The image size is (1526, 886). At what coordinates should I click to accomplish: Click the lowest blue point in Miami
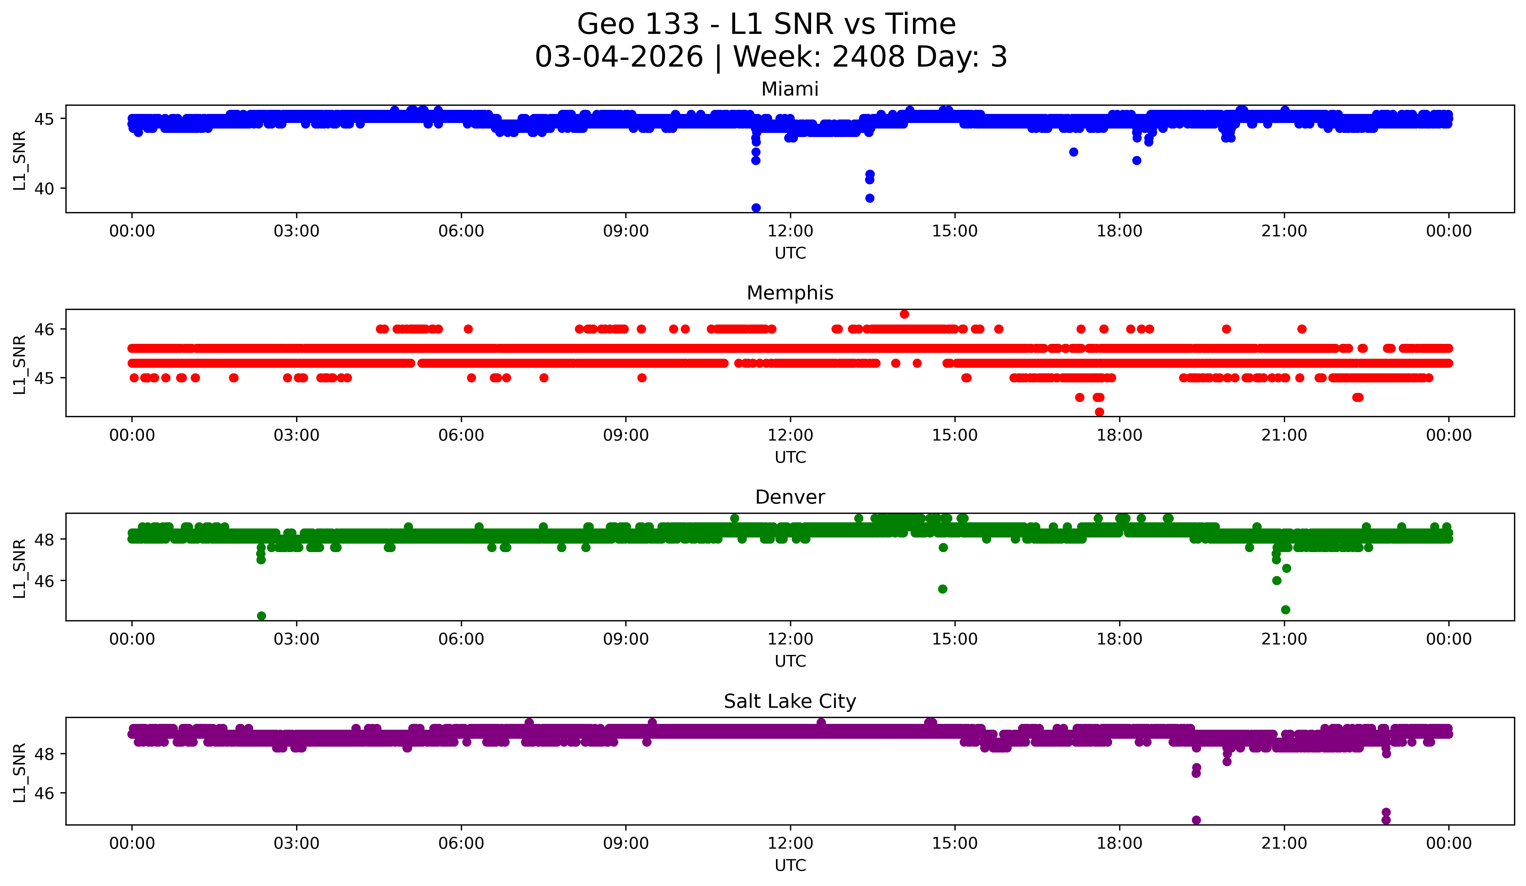[x=756, y=208]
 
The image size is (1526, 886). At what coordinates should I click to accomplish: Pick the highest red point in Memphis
[x=904, y=314]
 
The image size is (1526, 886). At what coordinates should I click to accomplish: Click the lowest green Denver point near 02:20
[x=261, y=616]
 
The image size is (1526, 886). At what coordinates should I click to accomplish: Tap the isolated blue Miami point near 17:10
[x=1074, y=152]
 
